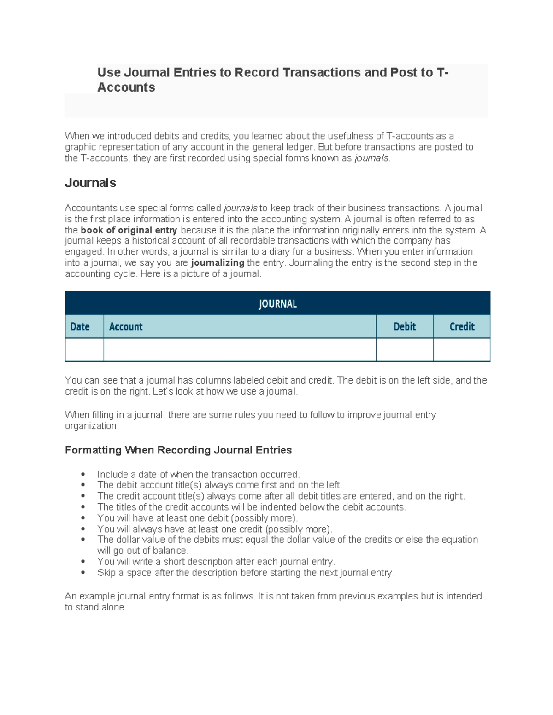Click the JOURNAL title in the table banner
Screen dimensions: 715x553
pos(277,304)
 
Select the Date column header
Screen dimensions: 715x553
pos(80,326)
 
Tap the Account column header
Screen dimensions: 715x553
pos(126,326)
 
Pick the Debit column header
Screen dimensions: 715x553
pos(405,326)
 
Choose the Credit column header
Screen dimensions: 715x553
pos(462,326)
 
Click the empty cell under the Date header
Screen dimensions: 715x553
pos(84,350)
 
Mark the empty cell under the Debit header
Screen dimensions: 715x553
pos(405,350)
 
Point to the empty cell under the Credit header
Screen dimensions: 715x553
pos(462,350)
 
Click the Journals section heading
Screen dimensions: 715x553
pos(90,183)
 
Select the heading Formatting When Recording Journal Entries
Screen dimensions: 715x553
pos(178,450)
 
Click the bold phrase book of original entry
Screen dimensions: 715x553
pos(129,230)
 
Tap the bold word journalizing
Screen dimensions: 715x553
pos(218,263)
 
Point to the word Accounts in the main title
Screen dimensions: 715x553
pos(126,87)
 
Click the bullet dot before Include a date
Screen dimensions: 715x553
pos(83,474)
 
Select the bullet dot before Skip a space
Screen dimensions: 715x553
pos(83,573)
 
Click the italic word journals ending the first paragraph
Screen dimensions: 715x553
pos(371,158)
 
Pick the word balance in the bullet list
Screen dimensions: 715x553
pos(171,551)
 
